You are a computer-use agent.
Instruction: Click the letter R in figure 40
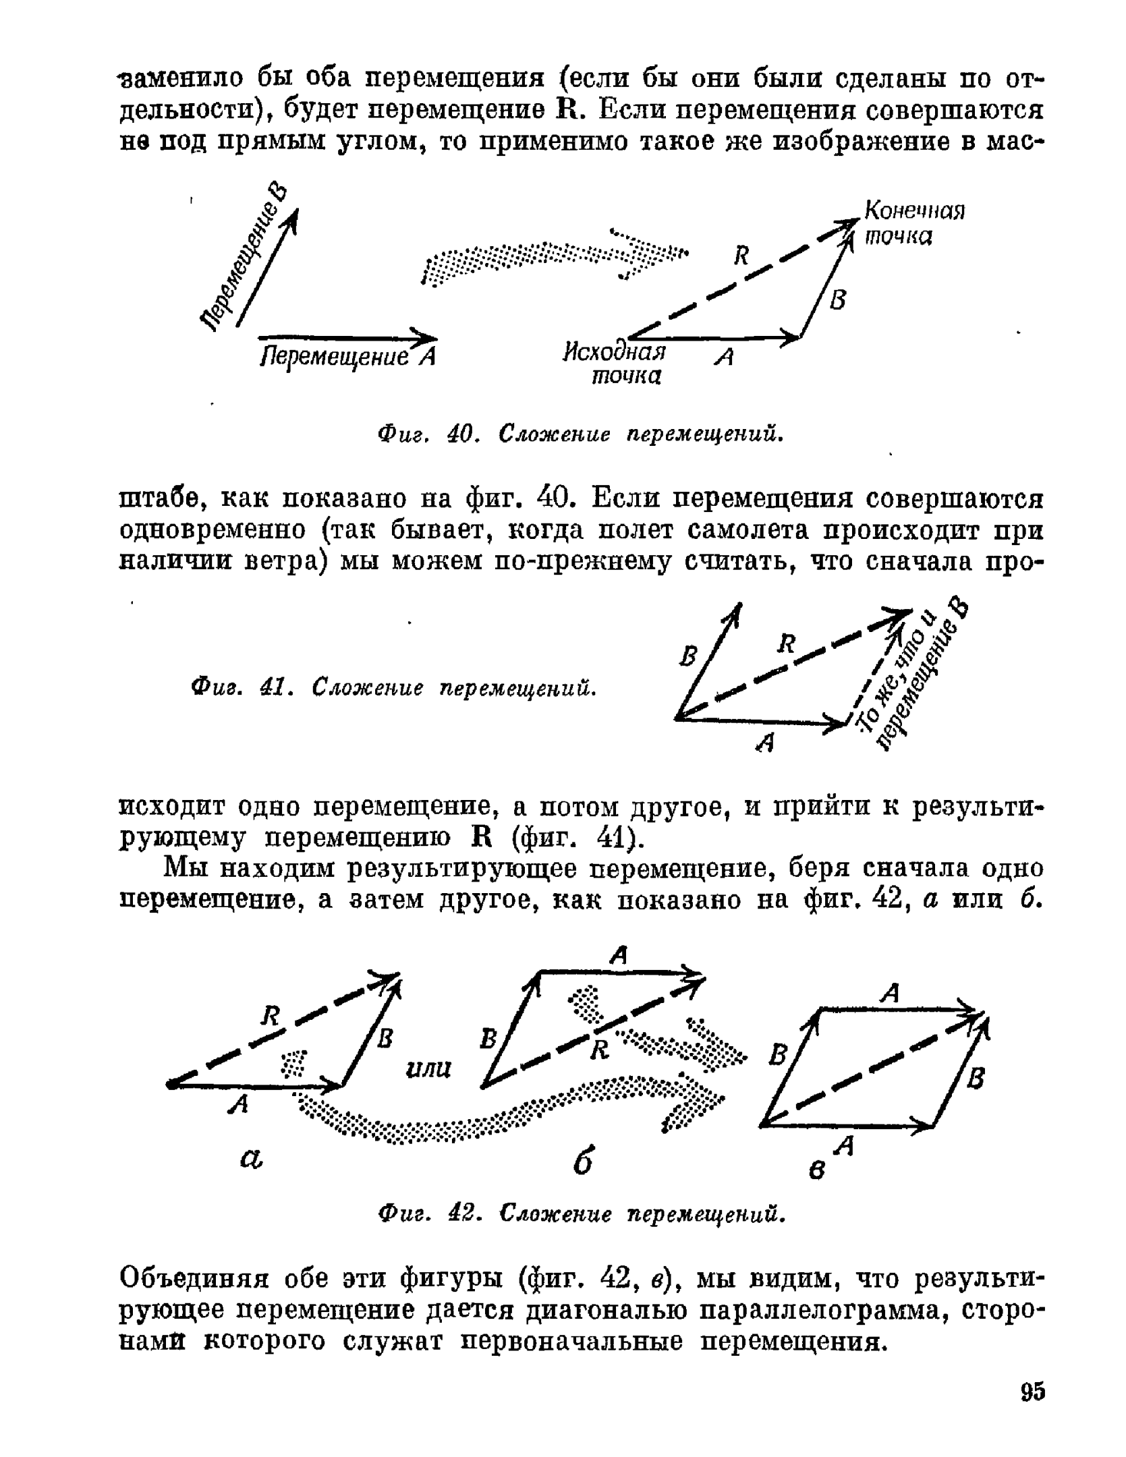tap(741, 256)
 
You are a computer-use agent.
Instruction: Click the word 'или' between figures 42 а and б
tap(428, 1068)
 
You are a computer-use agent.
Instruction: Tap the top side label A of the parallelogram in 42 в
tap(891, 992)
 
